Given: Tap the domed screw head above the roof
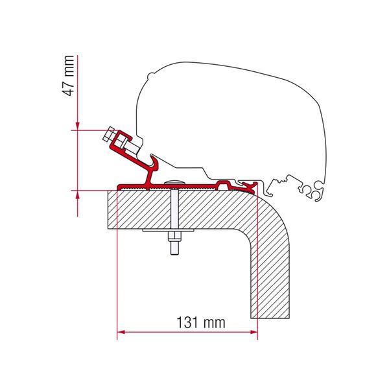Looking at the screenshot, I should [x=174, y=182].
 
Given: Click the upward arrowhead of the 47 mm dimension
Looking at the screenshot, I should [x=77, y=194].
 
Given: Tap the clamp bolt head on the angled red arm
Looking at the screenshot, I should [x=110, y=137].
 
